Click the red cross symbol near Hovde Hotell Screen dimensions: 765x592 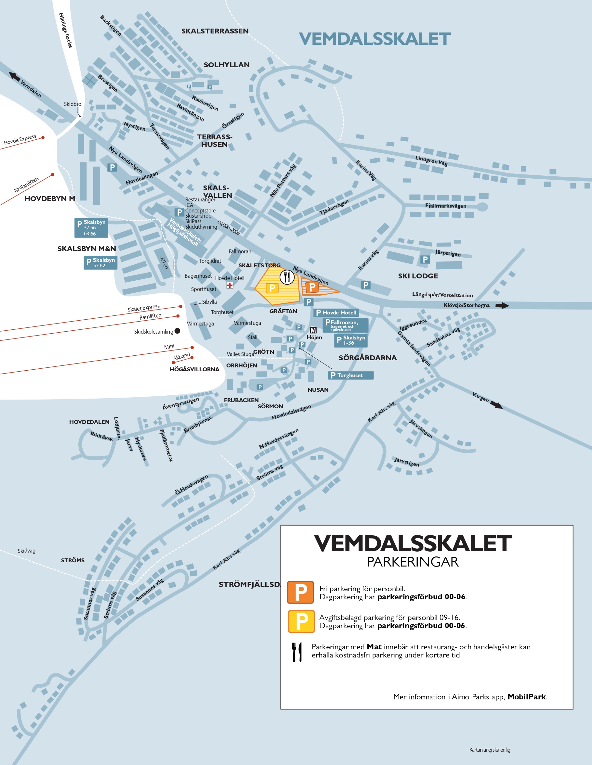point(230,285)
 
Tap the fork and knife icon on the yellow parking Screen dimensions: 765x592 point(287,277)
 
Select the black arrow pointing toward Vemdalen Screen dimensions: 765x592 point(14,76)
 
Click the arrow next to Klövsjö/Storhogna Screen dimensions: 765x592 point(502,305)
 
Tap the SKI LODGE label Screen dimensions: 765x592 point(418,276)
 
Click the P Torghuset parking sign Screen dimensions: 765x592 point(350,376)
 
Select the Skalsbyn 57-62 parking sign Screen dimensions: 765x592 point(100,263)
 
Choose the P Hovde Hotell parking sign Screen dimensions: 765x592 point(336,312)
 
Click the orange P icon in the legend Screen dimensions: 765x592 point(300,592)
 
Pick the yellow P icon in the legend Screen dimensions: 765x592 point(301,621)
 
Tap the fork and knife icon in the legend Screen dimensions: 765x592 point(297,652)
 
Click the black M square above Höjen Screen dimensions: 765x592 point(313,330)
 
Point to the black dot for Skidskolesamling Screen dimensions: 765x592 point(178,331)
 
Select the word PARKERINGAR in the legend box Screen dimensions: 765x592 point(413,562)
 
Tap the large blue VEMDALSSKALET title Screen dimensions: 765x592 point(374,39)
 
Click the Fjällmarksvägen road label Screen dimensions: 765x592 point(445,206)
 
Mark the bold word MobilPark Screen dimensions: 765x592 point(526,697)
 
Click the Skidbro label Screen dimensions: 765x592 point(72,104)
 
